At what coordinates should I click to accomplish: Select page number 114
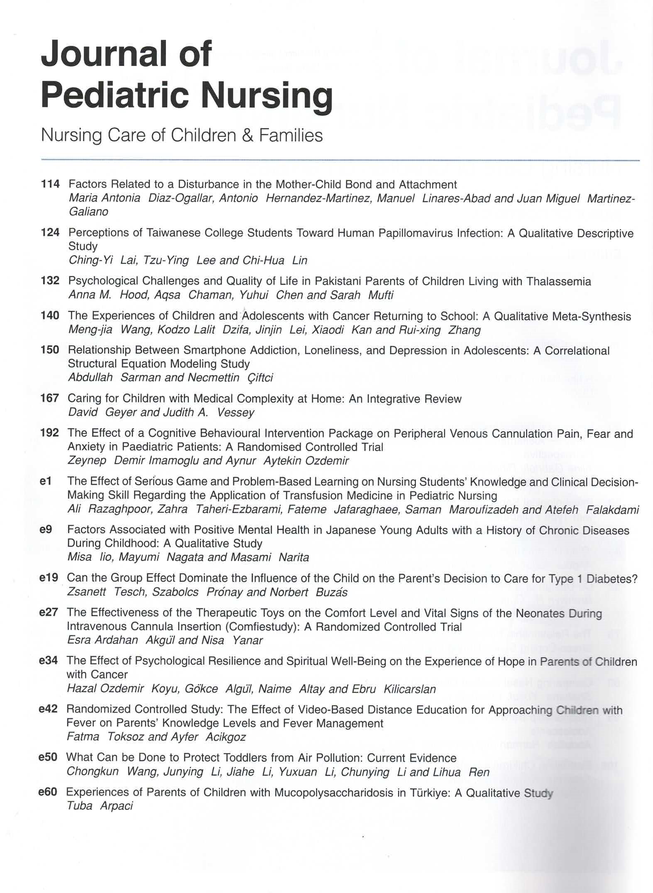click(x=50, y=184)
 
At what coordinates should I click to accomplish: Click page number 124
click(x=50, y=232)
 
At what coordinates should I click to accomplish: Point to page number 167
click(x=50, y=398)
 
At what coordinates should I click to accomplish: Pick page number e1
click(x=45, y=481)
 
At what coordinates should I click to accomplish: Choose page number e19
click(x=48, y=578)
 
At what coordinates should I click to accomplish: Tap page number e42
click(x=48, y=709)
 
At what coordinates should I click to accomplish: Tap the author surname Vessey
click(x=235, y=412)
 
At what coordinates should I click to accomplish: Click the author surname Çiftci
click(x=260, y=378)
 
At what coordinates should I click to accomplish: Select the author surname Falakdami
click(x=612, y=509)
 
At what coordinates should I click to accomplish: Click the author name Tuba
click(x=79, y=806)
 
